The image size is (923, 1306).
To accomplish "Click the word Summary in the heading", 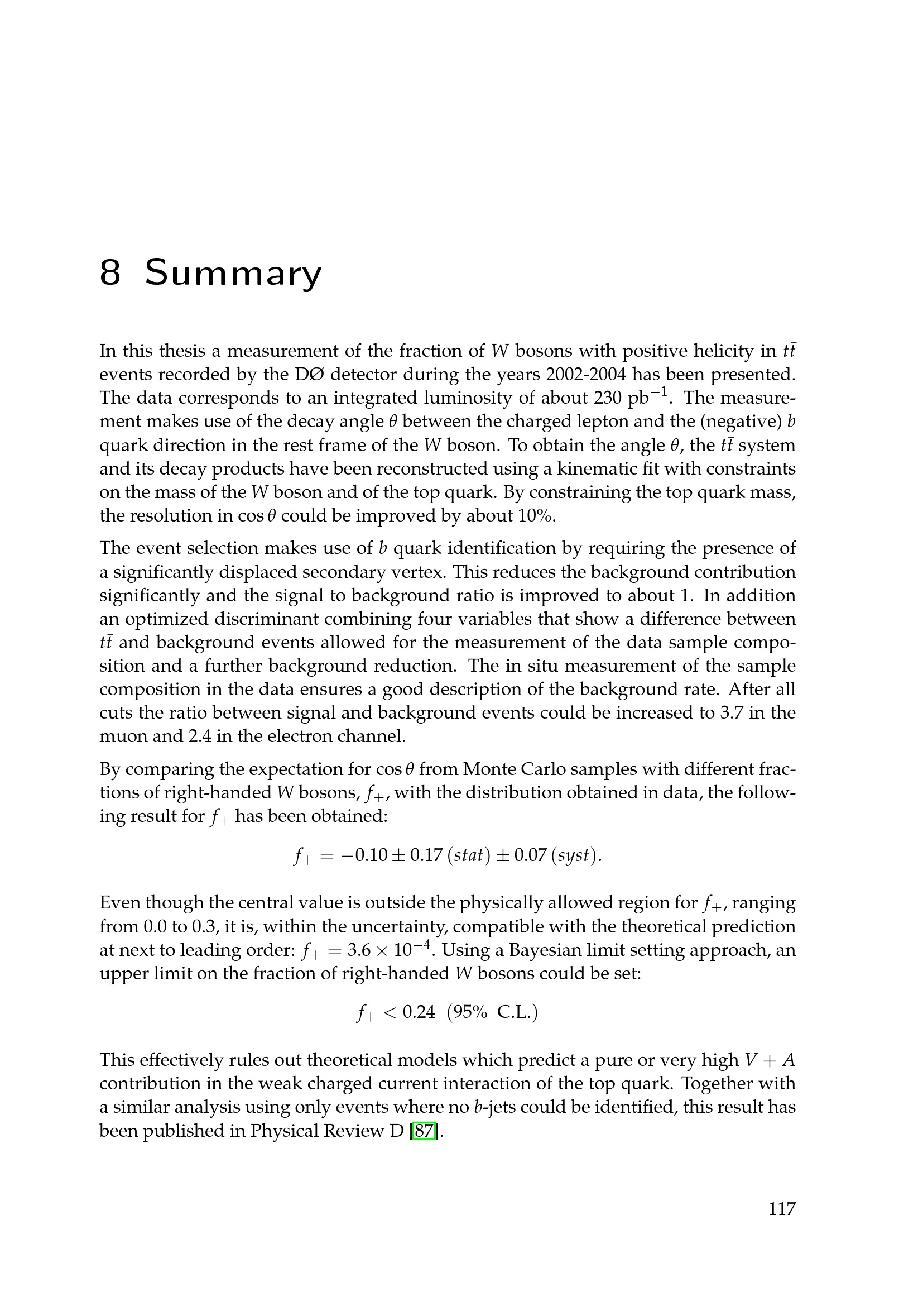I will (x=233, y=273).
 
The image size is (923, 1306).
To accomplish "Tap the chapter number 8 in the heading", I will (x=110, y=273).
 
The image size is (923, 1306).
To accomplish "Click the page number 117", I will (x=782, y=1224).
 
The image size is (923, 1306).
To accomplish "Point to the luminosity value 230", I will (x=608, y=398).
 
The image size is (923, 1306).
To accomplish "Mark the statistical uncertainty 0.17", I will (x=426, y=855).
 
